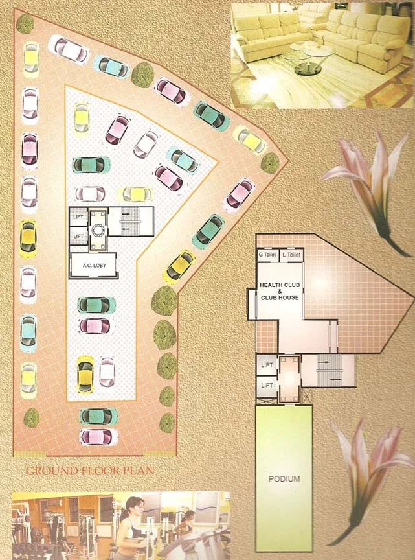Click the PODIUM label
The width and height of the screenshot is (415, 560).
(284, 479)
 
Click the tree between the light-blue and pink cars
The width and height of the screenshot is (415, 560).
(142, 75)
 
